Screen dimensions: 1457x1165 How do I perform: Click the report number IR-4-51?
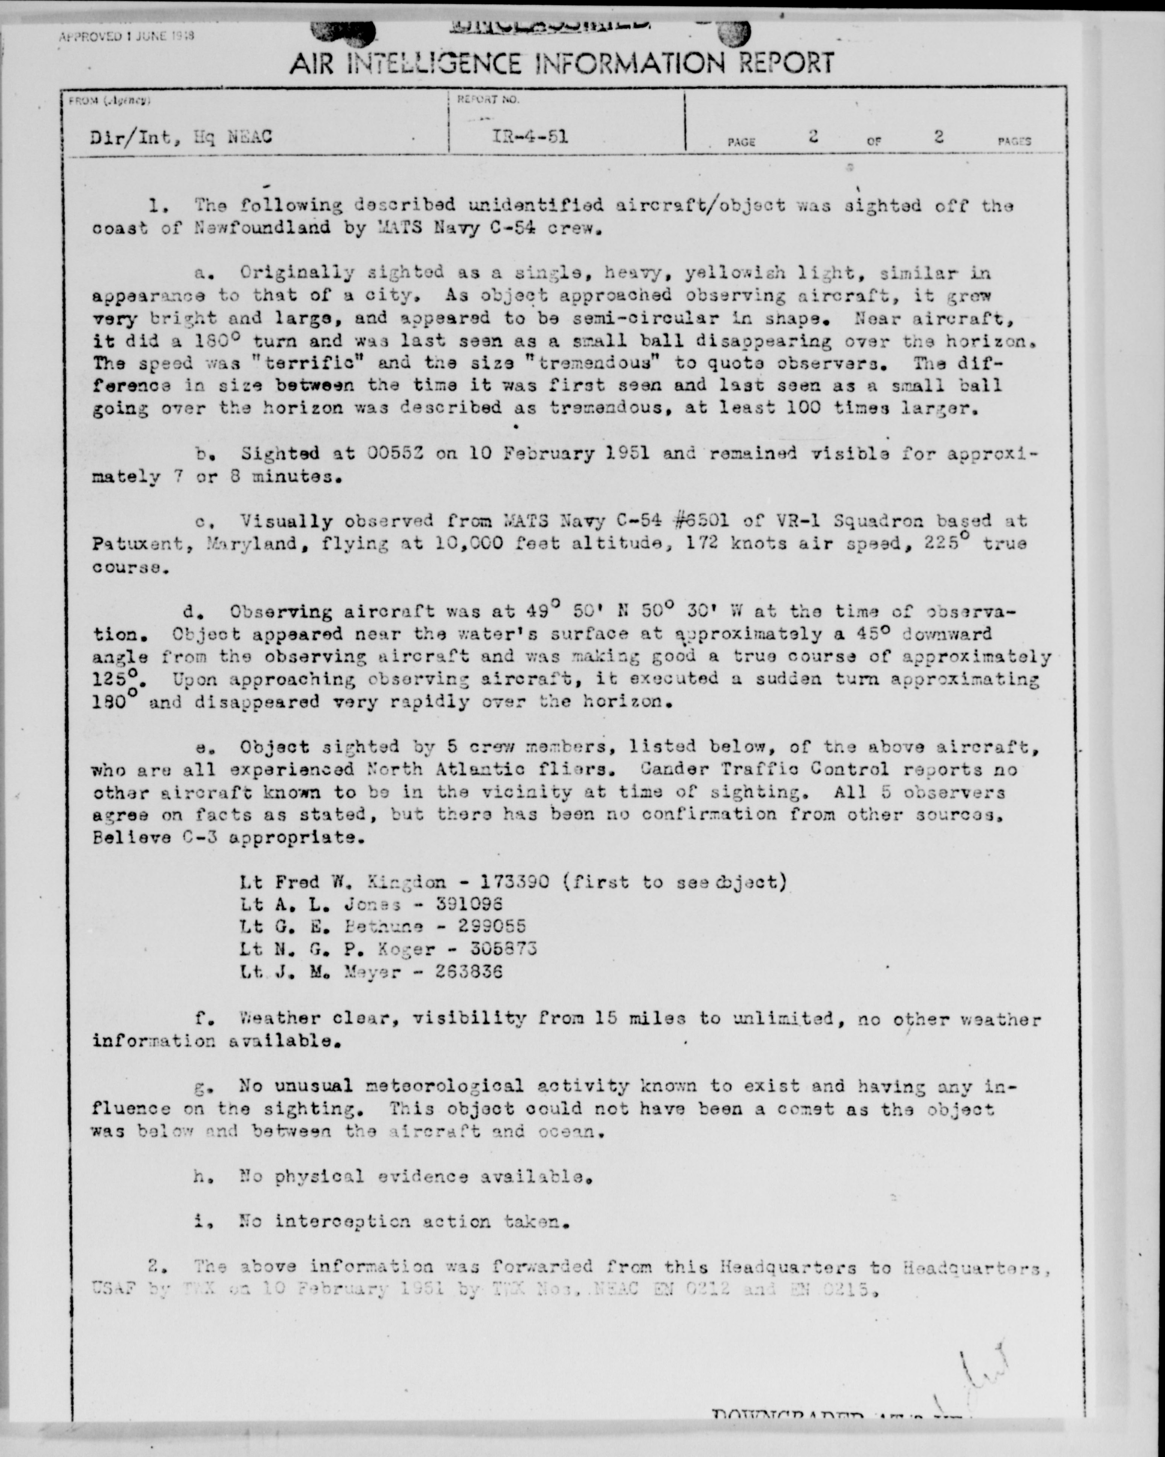point(530,137)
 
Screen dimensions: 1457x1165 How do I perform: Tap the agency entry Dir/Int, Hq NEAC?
point(181,138)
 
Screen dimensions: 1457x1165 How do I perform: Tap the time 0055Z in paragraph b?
point(395,453)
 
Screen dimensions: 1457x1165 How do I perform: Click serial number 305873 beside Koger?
point(503,949)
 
